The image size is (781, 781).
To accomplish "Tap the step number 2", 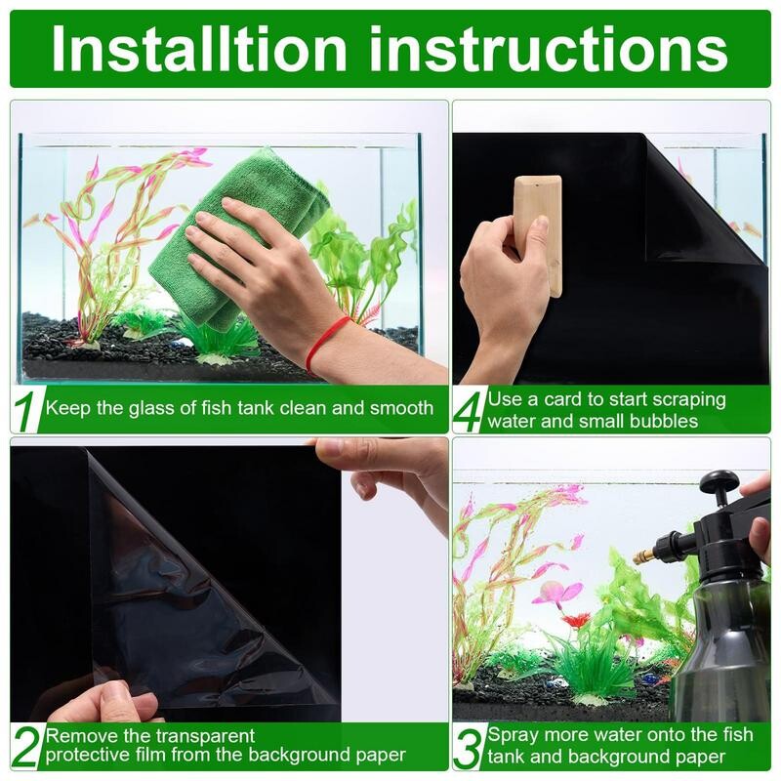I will [x=26, y=747].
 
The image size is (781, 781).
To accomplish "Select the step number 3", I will [x=470, y=748].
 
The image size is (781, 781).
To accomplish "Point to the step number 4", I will [x=470, y=411].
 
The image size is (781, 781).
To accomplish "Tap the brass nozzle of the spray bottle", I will [x=645, y=555].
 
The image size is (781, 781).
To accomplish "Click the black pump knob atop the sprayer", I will [x=720, y=480].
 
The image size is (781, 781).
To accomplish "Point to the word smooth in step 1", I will [x=401, y=408].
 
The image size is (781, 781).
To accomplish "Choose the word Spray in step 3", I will [x=511, y=735].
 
